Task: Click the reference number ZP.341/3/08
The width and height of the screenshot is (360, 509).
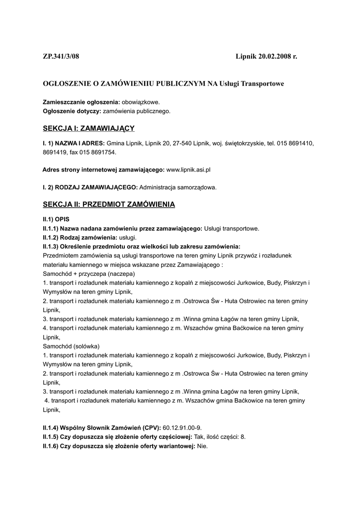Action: click(61, 58)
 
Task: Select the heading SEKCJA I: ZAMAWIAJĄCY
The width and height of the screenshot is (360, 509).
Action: click(89, 129)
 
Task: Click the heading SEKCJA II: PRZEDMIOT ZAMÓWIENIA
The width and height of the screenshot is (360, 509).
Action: click(109, 204)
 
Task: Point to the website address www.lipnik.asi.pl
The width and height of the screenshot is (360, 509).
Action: click(188, 170)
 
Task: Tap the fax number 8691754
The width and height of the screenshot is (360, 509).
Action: click(108, 153)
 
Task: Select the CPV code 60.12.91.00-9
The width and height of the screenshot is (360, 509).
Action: click(182, 428)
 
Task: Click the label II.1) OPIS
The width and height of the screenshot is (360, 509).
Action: click(56, 219)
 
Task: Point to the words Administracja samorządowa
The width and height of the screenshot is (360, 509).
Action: click(178, 187)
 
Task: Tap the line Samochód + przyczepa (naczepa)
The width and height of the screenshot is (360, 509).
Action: click(89, 274)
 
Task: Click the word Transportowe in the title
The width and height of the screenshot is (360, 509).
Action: click(263, 84)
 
